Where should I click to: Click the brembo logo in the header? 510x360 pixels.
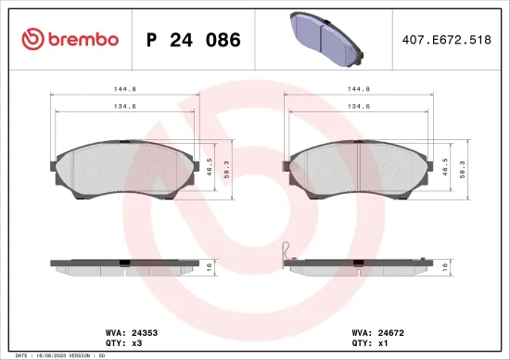[70, 40]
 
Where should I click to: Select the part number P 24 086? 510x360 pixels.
[194, 40]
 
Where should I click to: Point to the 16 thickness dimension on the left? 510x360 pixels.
[211, 265]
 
